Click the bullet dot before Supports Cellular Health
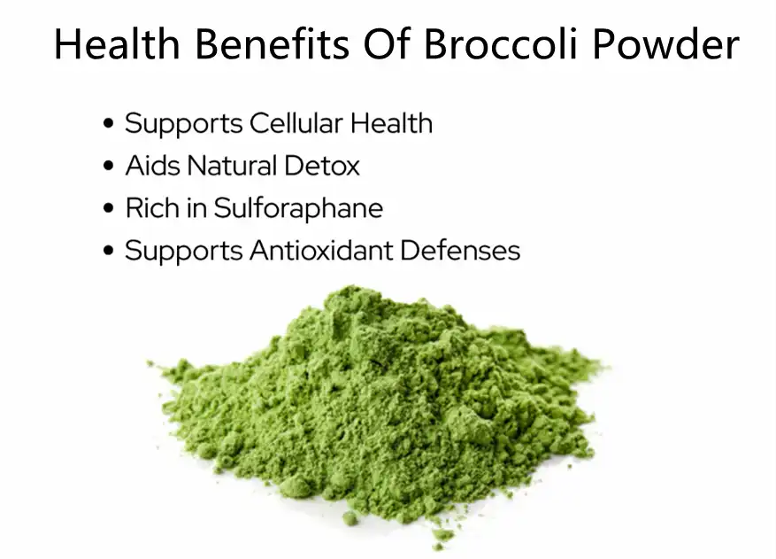pos(109,124)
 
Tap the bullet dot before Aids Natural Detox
pos(109,167)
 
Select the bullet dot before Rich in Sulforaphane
pos(109,209)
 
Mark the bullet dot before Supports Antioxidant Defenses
pos(109,252)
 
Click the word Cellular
pos(297,123)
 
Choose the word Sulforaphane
pos(299,209)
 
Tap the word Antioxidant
pos(320,251)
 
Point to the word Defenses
pos(460,251)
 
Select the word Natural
pos(231,166)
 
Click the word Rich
pos(150,208)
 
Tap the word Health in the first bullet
pos(391,123)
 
